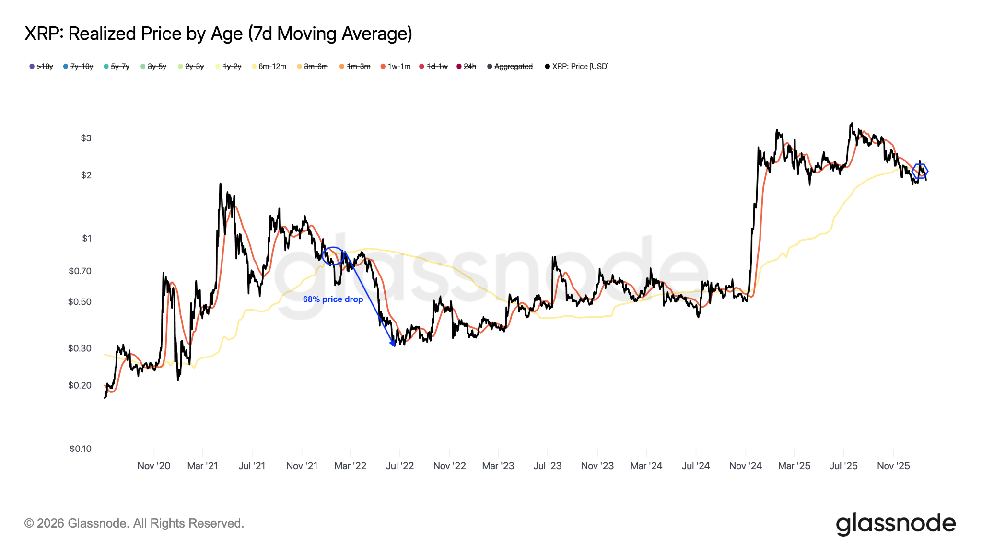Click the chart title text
[x=218, y=34]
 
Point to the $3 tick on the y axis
[x=86, y=138]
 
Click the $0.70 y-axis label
[x=80, y=271]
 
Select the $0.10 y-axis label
[x=81, y=449]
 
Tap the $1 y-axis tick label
[x=86, y=239]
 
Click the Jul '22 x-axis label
[x=399, y=466]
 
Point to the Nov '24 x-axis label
[x=745, y=466]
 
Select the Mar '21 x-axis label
[x=202, y=466]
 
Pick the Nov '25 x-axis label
[x=893, y=466]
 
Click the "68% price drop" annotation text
[x=333, y=299]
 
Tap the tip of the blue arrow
[x=394, y=345]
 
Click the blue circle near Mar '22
[x=333, y=256]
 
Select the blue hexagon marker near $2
[x=920, y=171]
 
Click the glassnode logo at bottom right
[x=895, y=524]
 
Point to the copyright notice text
[x=134, y=524]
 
